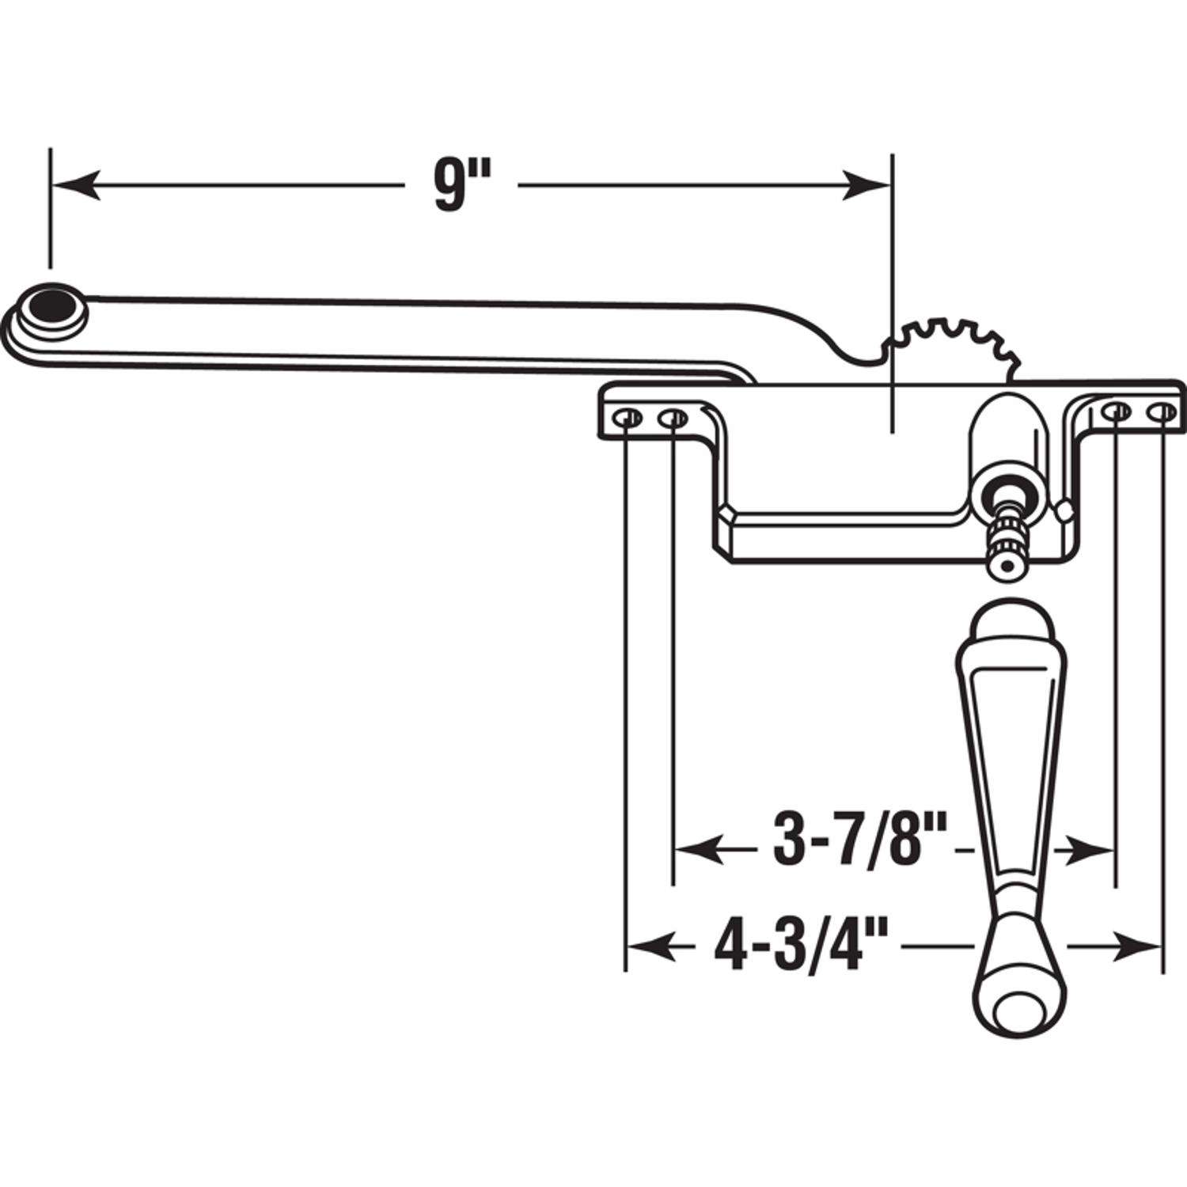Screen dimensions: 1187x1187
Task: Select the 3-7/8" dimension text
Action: [859, 849]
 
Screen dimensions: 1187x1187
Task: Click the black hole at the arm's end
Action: [52, 305]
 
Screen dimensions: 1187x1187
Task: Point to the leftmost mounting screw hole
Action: [628, 416]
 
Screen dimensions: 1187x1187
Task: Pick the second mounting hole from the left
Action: [673, 416]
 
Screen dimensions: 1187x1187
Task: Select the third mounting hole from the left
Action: [1117, 411]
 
